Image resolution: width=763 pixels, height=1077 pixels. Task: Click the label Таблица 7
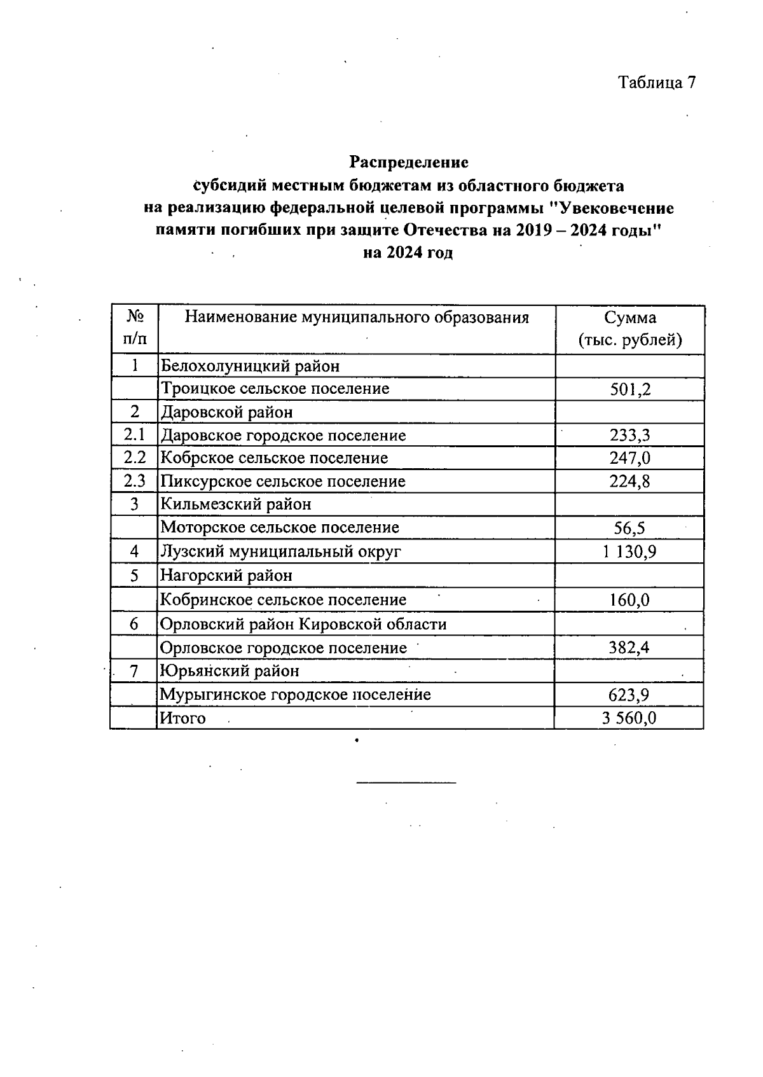pos(657,83)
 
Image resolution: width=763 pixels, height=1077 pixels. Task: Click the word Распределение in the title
pos(409,162)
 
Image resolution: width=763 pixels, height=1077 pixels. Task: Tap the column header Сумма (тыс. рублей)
pos(630,329)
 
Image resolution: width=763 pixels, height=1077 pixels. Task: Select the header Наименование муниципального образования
pos(357,317)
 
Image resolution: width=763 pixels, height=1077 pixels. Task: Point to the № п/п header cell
pos(134,328)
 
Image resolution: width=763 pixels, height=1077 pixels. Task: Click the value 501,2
pos(630,389)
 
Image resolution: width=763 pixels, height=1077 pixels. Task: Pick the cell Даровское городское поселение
pos(283,436)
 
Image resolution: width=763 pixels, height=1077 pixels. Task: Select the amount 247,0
pos(630,459)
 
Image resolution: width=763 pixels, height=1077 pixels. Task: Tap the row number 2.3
pos(134,482)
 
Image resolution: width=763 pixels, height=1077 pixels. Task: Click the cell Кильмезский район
pos(236,504)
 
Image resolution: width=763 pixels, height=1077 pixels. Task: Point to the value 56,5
pos(630,528)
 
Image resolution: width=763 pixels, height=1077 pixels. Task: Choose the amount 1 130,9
pos(629,552)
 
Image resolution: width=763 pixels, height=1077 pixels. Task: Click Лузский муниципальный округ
pos(280,552)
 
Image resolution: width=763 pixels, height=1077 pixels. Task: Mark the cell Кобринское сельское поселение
pos(283,600)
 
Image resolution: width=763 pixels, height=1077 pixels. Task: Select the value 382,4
pos(629,648)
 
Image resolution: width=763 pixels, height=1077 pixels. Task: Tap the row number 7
pos(134,671)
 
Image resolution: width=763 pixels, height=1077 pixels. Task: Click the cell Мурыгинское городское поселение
pos(295,695)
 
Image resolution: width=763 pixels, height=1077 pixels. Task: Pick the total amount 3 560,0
pos(629,718)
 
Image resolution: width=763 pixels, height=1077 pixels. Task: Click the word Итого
pos(183,718)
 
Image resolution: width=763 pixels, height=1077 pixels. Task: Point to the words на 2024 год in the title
pos(408,253)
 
